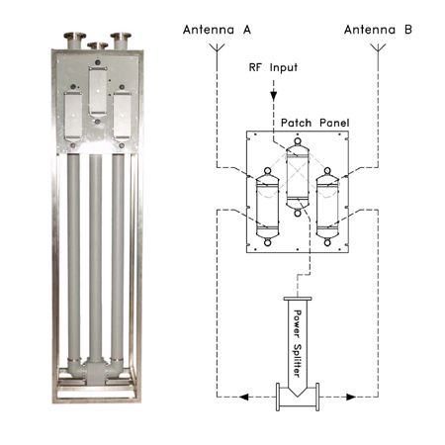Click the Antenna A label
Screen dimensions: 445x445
click(x=217, y=30)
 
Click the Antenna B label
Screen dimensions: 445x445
click(x=378, y=30)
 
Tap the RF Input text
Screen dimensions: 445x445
click(x=273, y=67)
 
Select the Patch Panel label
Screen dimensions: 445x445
click(x=314, y=123)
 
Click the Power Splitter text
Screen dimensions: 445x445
click(x=297, y=343)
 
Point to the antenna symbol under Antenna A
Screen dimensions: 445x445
click(x=217, y=48)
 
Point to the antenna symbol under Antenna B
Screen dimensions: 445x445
click(x=378, y=48)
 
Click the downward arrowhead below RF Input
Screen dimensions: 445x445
click(x=274, y=96)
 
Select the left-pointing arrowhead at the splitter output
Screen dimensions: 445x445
click(x=243, y=397)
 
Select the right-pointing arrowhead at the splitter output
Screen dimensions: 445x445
click(x=351, y=397)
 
